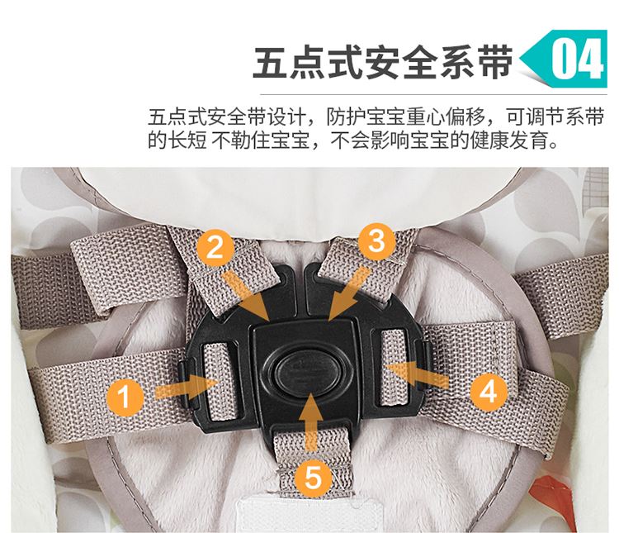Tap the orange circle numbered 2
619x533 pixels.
point(215,248)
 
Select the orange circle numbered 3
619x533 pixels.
point(376,240)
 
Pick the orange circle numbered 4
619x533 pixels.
point(489,392)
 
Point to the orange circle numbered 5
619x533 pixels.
point(313,477)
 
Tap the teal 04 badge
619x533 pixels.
point(565,59)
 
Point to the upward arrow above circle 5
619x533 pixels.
point(311,422)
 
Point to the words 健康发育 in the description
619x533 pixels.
point(508,140)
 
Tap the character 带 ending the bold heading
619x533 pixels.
point(495,63)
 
